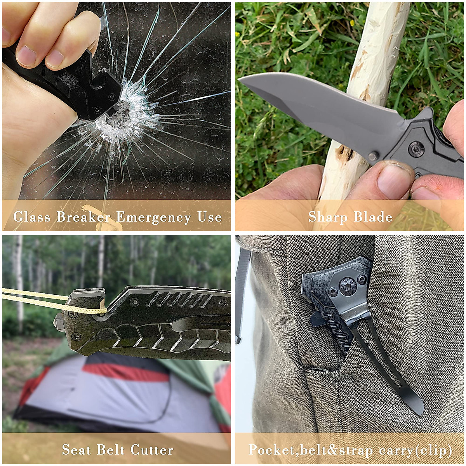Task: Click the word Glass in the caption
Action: (32, 217)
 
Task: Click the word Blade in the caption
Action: (373, 217)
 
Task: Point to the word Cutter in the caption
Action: (152, 450)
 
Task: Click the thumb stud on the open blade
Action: (373, 156)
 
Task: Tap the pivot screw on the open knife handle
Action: (416, 149)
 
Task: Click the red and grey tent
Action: (116, 392)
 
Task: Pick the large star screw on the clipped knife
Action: (348, 287)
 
